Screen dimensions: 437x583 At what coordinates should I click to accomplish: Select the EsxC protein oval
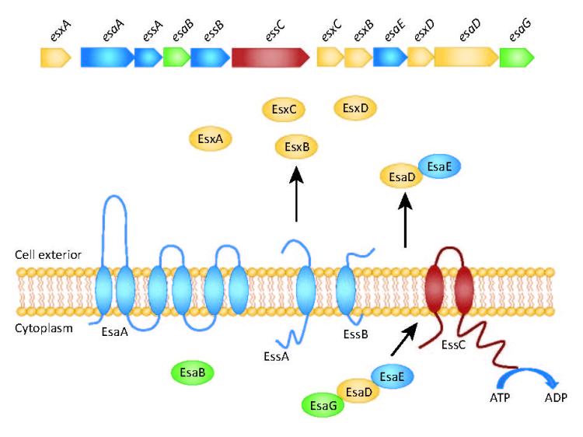pyautogui.click(x=284, y=110)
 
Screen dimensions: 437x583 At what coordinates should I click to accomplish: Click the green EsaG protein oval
pyautogui.click(x=323, y=404)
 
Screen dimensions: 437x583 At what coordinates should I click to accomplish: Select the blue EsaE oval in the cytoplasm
pyautogui.click(x=393, y=377)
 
